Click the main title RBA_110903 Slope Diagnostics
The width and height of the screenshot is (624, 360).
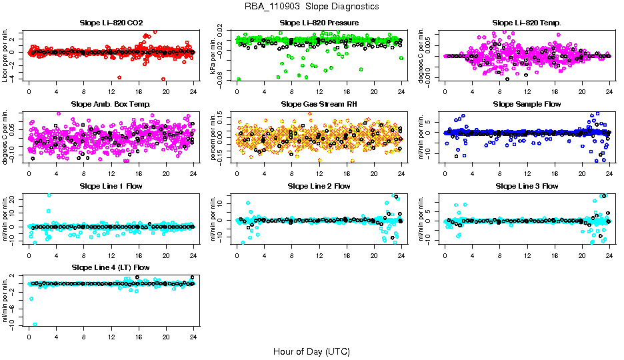311,6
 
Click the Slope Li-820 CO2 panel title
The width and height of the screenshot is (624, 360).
111,23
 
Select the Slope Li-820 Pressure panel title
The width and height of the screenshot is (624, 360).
319,23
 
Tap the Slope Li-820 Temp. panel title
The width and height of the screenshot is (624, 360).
527,23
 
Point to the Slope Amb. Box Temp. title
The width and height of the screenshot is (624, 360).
111,104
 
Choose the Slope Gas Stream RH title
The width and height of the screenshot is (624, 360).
319,104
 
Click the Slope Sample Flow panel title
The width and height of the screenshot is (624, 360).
527,104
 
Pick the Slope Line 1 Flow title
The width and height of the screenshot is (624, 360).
111,186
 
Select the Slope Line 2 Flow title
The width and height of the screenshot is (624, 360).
319,186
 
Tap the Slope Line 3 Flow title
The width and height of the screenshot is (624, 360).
527,186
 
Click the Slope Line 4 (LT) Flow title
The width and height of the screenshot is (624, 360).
111,267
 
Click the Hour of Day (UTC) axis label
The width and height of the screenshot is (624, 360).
311,351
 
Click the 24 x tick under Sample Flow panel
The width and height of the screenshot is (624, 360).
609,173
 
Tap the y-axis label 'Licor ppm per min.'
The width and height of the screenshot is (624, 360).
6,55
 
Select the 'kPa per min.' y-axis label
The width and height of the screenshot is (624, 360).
214,55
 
